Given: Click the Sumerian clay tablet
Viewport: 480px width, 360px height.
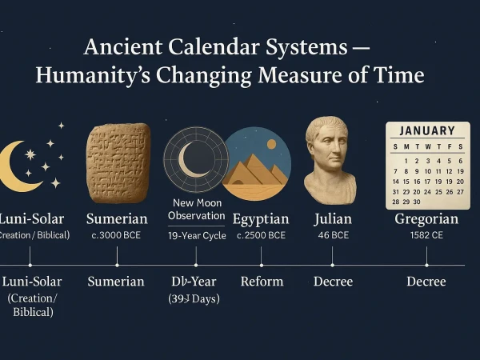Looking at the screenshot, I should [118, 162].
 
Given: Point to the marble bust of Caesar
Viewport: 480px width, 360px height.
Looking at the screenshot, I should [330, 160].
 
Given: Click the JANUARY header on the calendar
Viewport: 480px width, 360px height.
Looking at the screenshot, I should [426, 130].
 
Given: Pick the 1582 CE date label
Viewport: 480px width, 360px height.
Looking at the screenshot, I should [426, 235].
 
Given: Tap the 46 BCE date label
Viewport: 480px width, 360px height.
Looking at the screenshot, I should [332, 235].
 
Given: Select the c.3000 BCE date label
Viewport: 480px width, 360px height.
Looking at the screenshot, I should [117, 235].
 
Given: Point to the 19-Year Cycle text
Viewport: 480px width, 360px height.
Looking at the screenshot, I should [196, 235].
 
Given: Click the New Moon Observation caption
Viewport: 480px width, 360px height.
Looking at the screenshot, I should [197, 210].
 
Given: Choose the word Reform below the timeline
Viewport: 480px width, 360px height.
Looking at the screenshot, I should [262, 282].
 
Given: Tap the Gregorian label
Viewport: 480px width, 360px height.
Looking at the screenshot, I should [426, 219].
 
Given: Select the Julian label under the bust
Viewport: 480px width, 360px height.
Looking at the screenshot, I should [332, 219].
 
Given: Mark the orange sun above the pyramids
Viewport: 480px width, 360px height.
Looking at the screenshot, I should [271, 145].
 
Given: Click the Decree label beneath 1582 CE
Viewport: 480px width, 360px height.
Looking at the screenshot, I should [426, 282].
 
